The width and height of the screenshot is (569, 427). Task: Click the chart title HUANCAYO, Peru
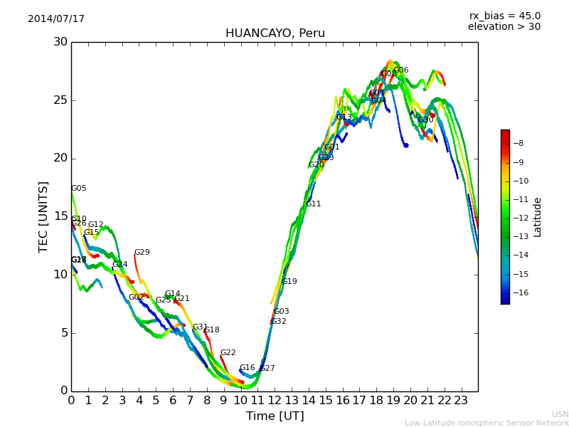click(275, 33)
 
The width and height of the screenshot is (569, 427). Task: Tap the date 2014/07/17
click(56, 19)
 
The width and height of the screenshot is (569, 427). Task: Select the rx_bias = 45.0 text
click(504, 16)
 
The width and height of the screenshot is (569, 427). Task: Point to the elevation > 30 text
click(504, 27)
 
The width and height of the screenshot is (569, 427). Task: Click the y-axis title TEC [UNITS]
click(44, 216)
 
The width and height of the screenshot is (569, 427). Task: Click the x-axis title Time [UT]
click(275, 416)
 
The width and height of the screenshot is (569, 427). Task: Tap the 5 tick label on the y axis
click(63, 332)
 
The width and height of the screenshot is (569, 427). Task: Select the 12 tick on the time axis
click(275, 401)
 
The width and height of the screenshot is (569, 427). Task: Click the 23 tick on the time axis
click(461, 401)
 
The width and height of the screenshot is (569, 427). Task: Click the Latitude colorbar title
click(538, 217)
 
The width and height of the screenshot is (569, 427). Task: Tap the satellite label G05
click(79, 189)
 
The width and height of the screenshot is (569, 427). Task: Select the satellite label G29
click(142, 253)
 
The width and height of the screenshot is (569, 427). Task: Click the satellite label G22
click(228, 353)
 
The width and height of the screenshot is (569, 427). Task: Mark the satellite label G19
click(289, 282)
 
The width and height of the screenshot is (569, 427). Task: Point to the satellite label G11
click(314, 204)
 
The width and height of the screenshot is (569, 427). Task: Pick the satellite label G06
click(401, 70)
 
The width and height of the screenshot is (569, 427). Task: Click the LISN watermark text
click(560, 414)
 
